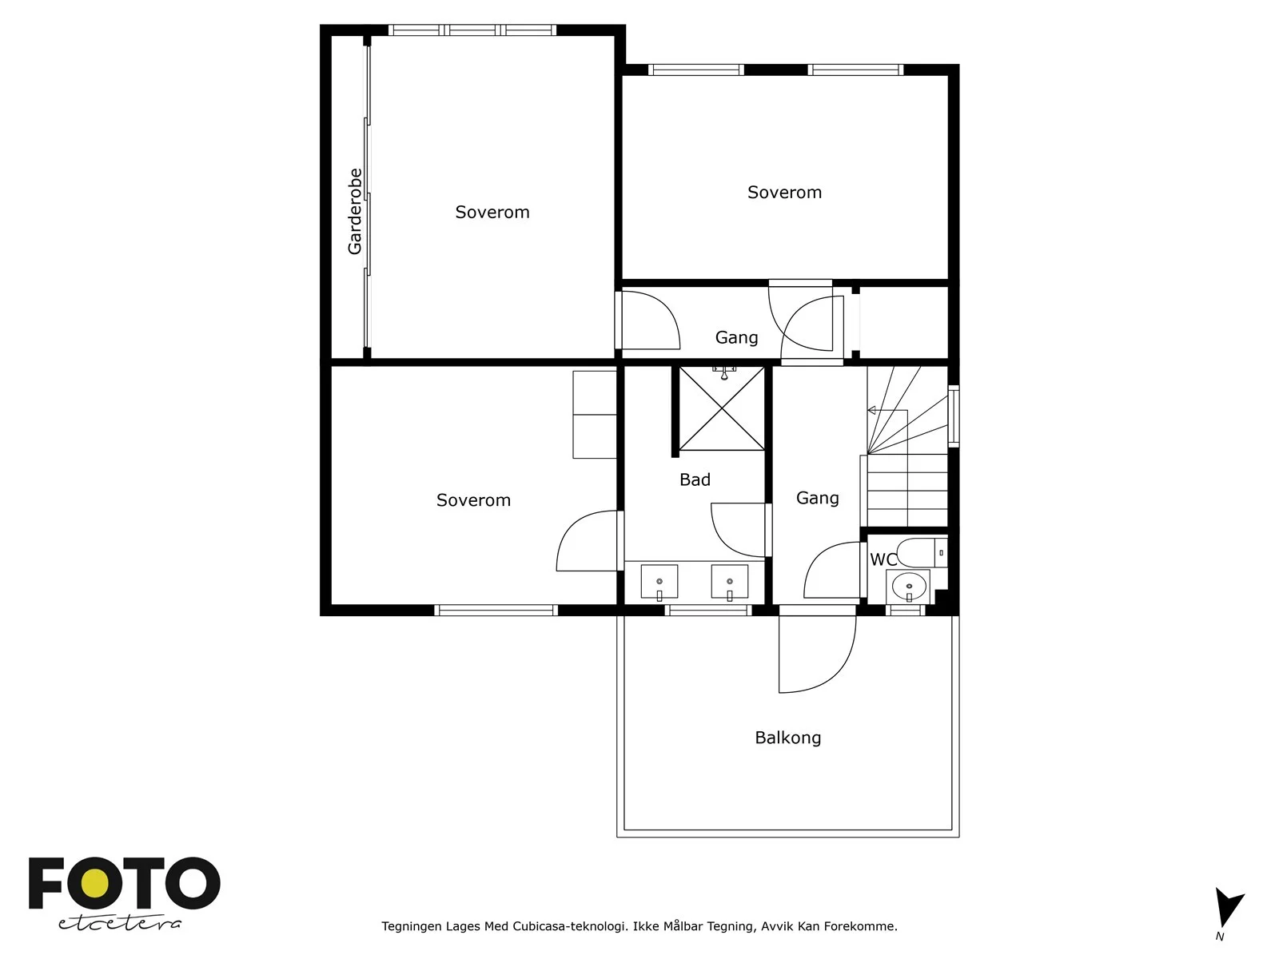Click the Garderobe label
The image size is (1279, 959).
coord(354,211)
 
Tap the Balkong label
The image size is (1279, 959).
coord(788,738)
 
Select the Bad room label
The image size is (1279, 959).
coord(695,479)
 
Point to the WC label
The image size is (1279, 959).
coord(883,559)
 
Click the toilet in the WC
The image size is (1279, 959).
coord(921,552)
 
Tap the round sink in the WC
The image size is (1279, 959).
coord(909,585)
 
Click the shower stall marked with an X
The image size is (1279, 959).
coord(722,408)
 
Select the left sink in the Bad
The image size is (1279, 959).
coord(659,582)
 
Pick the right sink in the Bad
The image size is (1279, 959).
coord(730,582)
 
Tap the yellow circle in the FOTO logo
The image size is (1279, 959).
coord(95,884)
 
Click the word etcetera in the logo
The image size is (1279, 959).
coord(119,923)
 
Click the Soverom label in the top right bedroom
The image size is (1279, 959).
coord(784,192)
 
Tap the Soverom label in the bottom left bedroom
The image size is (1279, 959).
coord(473,500)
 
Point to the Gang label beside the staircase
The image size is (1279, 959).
coord(818,499)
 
